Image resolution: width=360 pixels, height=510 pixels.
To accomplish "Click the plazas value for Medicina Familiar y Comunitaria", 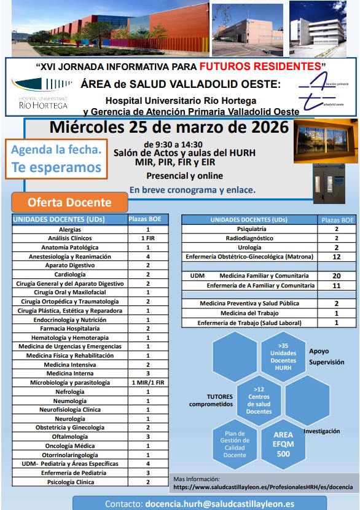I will point(336,276).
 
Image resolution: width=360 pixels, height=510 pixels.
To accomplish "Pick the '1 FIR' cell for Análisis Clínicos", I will point(147,238).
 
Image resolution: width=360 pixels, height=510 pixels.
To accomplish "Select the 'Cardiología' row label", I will point(69,274).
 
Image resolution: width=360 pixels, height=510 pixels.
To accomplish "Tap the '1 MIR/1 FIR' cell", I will point(147,382).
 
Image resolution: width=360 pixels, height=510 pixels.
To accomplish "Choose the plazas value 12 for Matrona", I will point(336,256).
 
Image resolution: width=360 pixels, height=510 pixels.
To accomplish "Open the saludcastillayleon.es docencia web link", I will point(263,486).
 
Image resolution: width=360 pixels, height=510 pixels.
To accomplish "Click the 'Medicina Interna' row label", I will point(69,373).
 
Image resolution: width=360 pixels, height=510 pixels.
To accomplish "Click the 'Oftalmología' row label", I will point(69,436).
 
